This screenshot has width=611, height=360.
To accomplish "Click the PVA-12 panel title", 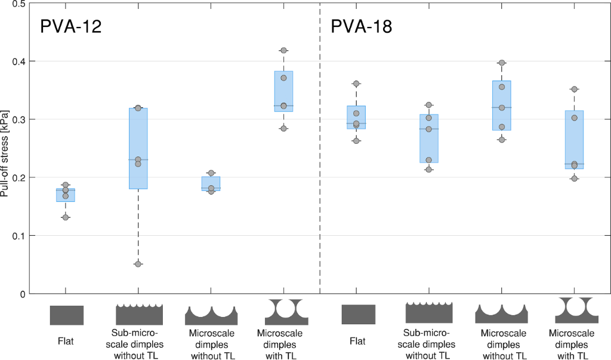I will tap(70, 27).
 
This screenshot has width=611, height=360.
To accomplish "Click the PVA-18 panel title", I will tap(362, 27).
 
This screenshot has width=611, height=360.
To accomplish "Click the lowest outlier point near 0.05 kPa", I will tap(138, 264).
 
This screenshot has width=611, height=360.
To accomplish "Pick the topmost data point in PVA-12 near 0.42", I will tap(283, 50).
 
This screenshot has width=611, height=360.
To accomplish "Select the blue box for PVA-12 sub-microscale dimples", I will tap(138, 149).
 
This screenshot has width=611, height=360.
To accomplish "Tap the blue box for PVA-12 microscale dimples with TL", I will tap(283, 91).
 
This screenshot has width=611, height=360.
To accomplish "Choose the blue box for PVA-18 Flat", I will tap(357, 118).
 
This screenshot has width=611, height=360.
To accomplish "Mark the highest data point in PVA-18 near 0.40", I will tap(502, 63).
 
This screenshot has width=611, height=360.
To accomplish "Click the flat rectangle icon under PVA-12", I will tap(66, 315).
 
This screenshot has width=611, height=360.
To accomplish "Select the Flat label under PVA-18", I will tap(358, 341).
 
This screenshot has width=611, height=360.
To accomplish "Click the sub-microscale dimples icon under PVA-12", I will tap(138, 314).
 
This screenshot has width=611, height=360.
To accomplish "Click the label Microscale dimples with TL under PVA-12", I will tap(279, 344).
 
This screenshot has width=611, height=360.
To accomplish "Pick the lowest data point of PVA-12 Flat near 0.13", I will tap(66, 217).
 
